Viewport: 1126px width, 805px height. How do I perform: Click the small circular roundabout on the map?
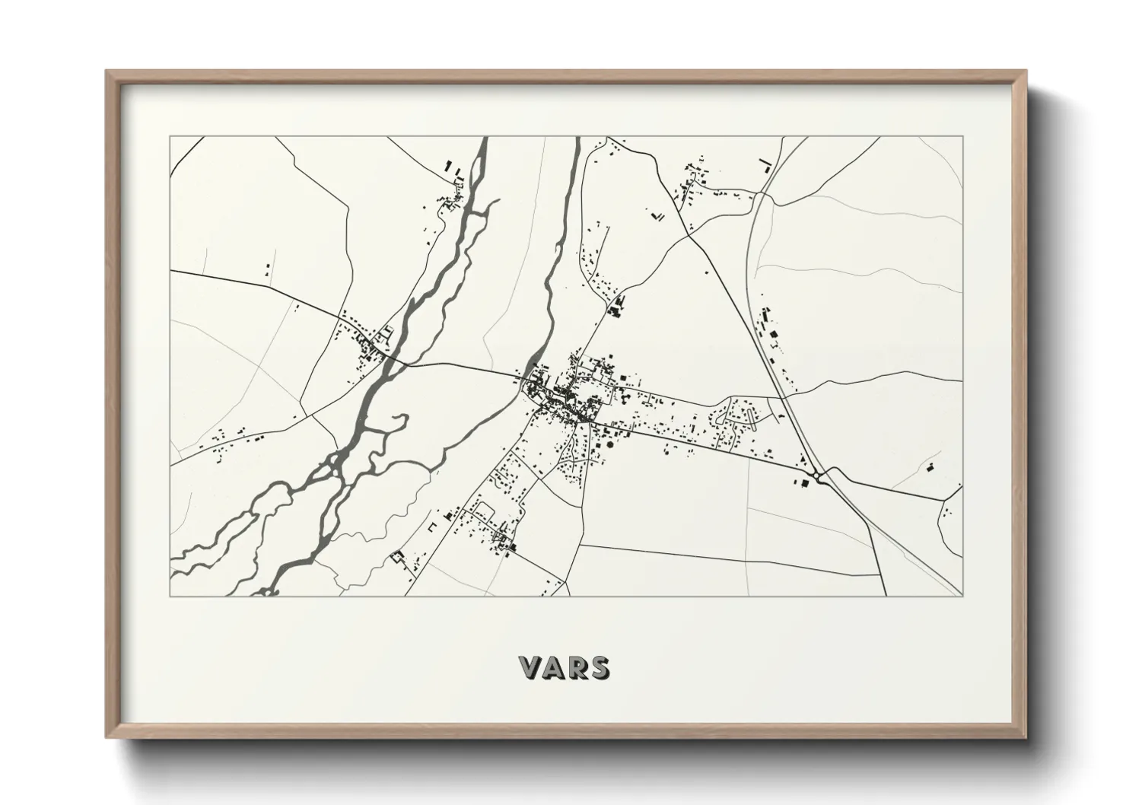(x=817, y=476)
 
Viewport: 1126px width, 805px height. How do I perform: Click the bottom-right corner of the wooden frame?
(x=1026, y=737)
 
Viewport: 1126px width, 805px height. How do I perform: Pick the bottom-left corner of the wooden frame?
(x=107, y=737)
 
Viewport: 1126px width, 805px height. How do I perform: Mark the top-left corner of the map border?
(x=170, y=137)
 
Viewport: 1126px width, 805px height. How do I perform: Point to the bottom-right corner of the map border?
(x=962, y=596)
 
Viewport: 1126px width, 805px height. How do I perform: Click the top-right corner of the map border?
(x=962, y=137)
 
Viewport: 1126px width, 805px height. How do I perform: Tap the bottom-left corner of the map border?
(x=170, y=596)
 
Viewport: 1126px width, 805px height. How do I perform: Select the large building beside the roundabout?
(x=799, y=481)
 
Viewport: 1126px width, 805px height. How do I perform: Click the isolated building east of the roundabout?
(x=929, y=467)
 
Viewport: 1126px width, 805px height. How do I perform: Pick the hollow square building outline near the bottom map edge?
(x=396, y=558)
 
